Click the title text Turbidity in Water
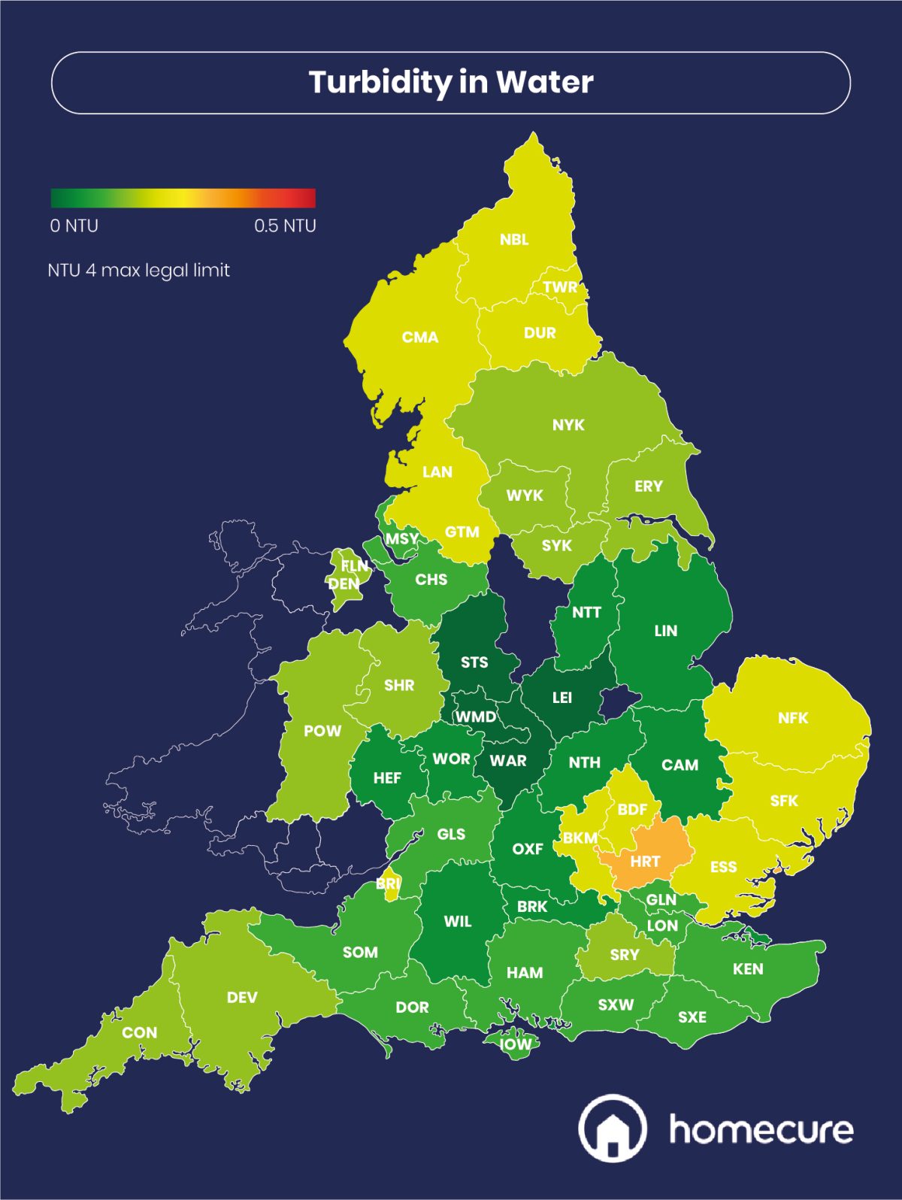(x=451, y=82)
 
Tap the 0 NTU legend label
(x=74, y=226)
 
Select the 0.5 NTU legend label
(x=285, y=226)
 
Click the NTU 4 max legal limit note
(x=138, y=270)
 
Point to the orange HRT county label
(x=645, y=862)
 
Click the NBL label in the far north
(x=514, y=240)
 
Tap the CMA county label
(x=419, y=338)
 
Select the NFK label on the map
(x=793, y=718)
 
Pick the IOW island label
(x=515, y=1044)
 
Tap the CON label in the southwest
(x=140, y=1032)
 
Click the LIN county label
(x=665, y=631)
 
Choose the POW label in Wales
(x=322, y=731)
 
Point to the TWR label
(x=560, y=287)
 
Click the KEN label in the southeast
(x=748, y=969)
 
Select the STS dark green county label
(x=474, y=662)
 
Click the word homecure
(x=761, y=1129)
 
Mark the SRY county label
(x=625, y=955)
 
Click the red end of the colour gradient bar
(x=308, y=198)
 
